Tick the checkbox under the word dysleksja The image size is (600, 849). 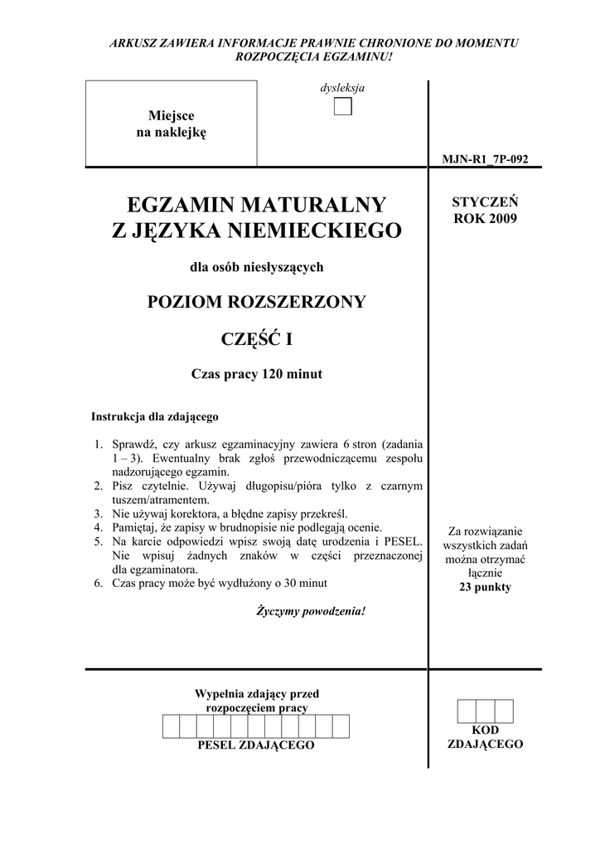point(343,107)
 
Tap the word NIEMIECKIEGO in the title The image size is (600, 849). point(317,231)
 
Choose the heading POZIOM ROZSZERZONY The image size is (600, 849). point(256,302)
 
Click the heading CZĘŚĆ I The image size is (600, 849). point(256,339)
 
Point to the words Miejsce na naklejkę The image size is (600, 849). point(171,124)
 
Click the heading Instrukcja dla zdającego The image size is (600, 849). point(154,416)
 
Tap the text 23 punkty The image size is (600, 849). point(486,587)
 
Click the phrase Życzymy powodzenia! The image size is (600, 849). point(311,611)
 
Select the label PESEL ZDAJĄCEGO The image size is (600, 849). point(256,745)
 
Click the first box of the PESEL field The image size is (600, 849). point(170,726)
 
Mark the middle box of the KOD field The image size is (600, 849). point(486,711)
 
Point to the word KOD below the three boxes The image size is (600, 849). point(486,730)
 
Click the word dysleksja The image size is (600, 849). point(343,88)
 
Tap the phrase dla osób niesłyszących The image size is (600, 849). point(256,267)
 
